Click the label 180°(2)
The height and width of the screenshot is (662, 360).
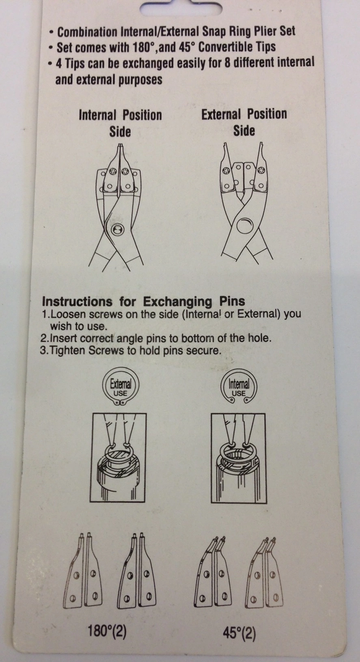[107, 631]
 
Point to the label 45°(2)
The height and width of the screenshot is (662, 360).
[239, 633]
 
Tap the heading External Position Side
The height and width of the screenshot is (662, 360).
[244, 122]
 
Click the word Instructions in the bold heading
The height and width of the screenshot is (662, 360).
[77, 302]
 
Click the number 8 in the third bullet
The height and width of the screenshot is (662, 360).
[227, 62]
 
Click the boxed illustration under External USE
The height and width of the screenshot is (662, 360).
[118, 458]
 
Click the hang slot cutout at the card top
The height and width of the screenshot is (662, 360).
[181, 6]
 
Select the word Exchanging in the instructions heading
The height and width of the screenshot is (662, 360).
[177, 302]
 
